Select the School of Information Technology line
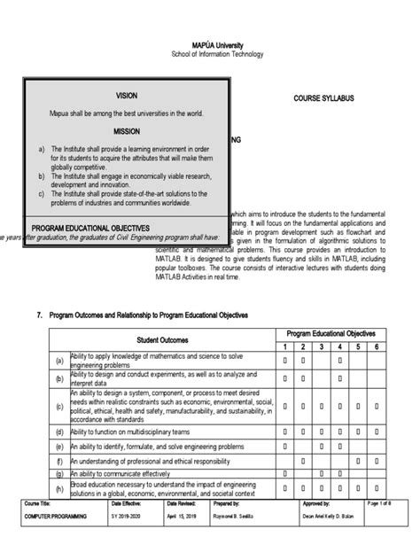(209, 56)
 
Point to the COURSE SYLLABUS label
(324, 98)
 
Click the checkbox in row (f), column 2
(304, 463)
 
